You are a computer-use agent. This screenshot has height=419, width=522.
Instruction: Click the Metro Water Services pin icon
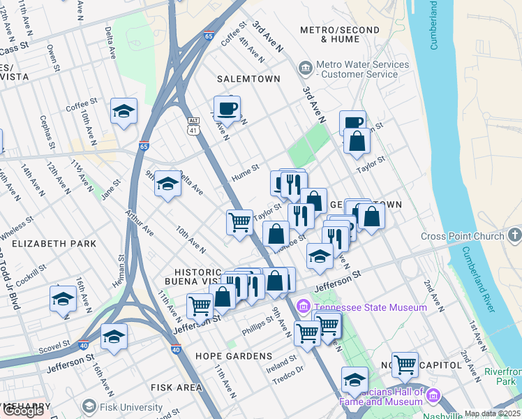pos(305,68)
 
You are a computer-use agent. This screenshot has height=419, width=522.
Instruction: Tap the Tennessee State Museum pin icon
pos(304,307)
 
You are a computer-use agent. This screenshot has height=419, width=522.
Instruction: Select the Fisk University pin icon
pos(89,406)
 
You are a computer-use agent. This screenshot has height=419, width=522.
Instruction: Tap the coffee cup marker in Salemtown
pos(227,109)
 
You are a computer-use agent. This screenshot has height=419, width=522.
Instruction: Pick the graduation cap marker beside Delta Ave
pos(167,184)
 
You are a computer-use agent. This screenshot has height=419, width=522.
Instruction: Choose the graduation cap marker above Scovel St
pos(114,337)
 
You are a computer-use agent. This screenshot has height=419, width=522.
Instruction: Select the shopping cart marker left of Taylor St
pos(239,222)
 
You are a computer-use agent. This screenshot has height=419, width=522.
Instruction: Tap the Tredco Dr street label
pos(290,370)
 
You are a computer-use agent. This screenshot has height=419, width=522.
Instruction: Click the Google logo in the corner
pos(23,411)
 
